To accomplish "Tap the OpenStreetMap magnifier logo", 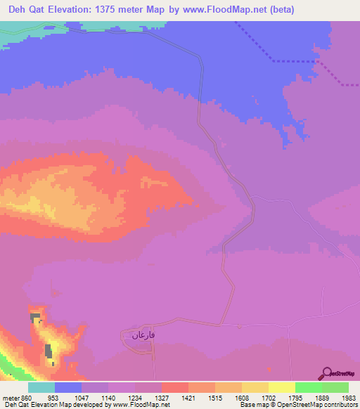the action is [x=328, y=374].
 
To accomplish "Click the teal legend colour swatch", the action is [x=41, y=387].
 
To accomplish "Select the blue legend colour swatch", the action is [x=68, y=387].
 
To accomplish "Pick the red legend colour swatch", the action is [x=175, y=387].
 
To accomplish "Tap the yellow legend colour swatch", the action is [x=282, y=387].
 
